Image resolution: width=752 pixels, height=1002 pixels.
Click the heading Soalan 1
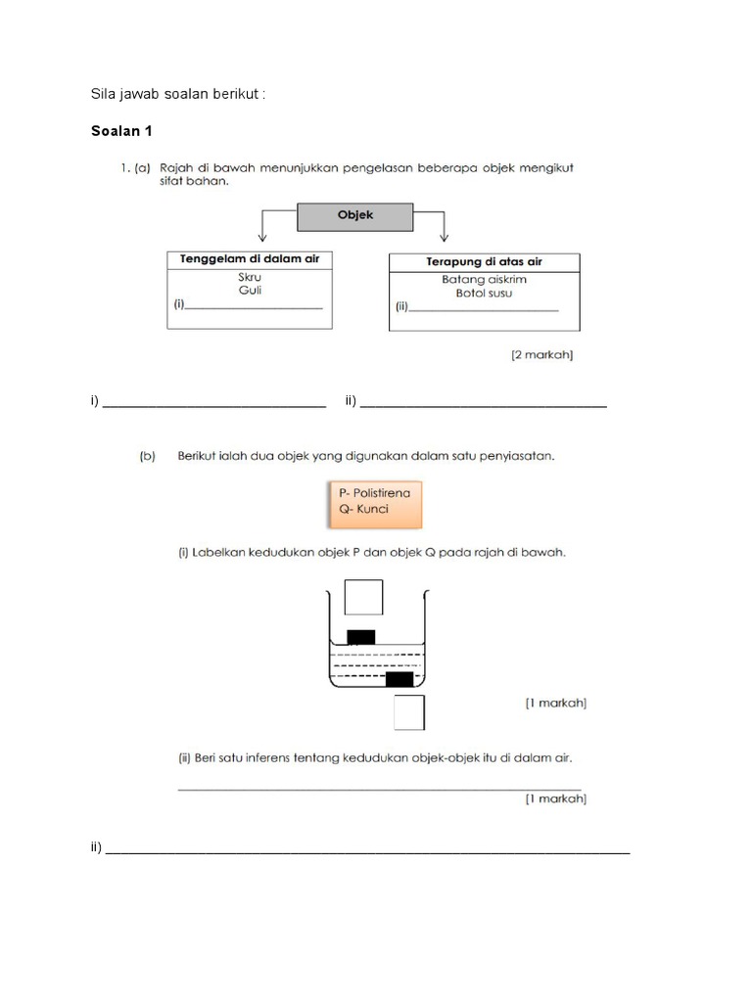tap(120, 131)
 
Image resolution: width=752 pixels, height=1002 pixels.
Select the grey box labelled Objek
tap(355, 215)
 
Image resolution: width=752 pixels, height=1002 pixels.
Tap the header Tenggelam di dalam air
tap(250, 259)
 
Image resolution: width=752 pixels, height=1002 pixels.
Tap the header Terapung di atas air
tap(484, 262)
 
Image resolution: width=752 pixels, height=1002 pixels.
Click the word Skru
tap(250, 277)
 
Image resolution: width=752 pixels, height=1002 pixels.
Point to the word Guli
tap(250, 291)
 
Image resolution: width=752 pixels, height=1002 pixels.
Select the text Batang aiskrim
tap(484, 279)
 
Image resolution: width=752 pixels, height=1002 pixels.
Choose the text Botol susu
tap(484, 294)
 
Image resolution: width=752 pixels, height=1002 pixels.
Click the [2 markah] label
tap(541, 355)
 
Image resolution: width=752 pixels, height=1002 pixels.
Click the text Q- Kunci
tap(364, 509)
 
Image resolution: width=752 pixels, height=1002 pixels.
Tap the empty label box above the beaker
tap(363, 597)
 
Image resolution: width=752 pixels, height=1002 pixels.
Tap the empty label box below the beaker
tap(409, 712)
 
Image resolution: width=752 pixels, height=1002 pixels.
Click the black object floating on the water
tap(361, 637)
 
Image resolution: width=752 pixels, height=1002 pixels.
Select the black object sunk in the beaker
tap(399, 679)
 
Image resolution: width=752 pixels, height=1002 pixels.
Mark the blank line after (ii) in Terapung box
tap(485, 310)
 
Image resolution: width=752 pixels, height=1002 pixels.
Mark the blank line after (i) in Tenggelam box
tap(255, 307)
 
